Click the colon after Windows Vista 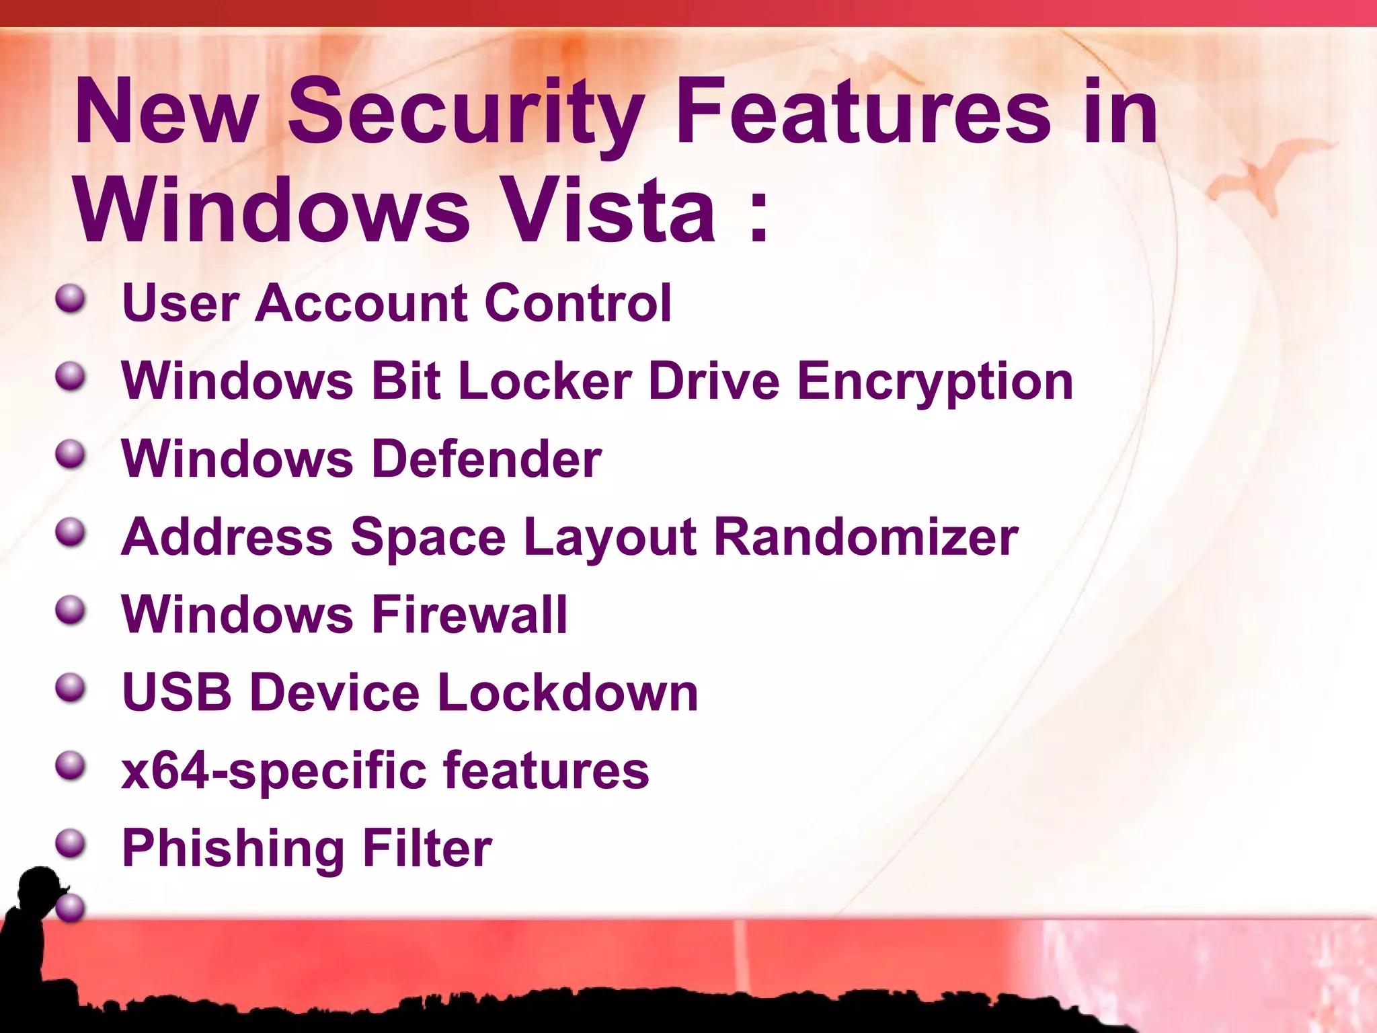click(758, 214)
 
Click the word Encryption click(935, 382)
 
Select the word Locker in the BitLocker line click(545, 381)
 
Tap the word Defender click(487, 459)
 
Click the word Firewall click(469, 615)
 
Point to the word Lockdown click(568, 692)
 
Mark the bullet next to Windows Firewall click(71, 610)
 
